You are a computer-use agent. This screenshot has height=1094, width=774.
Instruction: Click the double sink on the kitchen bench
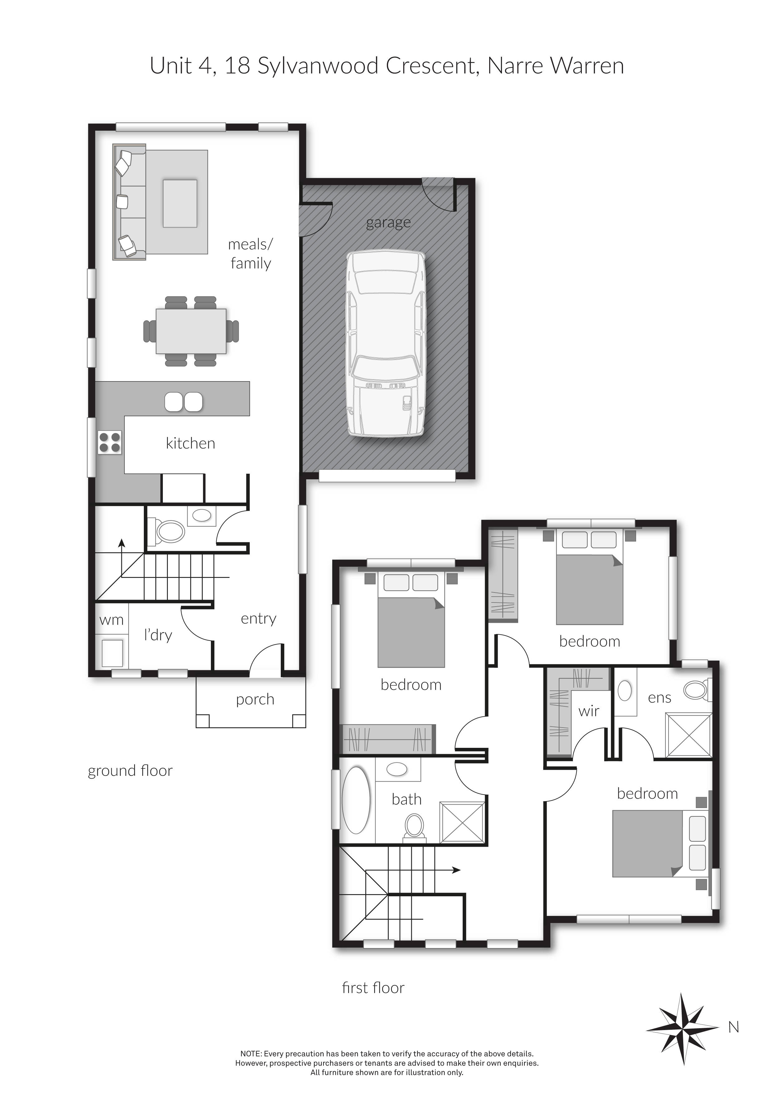pos(183,402)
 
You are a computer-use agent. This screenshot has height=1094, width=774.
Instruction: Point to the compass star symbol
pos(683,1029)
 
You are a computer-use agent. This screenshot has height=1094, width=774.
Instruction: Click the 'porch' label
pos(255,699)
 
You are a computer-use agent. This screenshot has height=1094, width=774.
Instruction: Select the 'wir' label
pos(589,711)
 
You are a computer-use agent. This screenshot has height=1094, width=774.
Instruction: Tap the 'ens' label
pos(660,698)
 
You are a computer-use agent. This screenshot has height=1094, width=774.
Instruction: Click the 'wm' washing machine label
pos(111,620)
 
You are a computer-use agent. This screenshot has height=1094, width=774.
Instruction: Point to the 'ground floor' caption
pos(130,771)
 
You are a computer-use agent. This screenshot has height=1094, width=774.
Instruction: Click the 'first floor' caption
pos(373,988)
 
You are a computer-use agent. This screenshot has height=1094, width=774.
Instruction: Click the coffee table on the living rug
pos(180,203)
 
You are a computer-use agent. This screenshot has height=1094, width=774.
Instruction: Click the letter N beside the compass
pos(733,1028)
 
